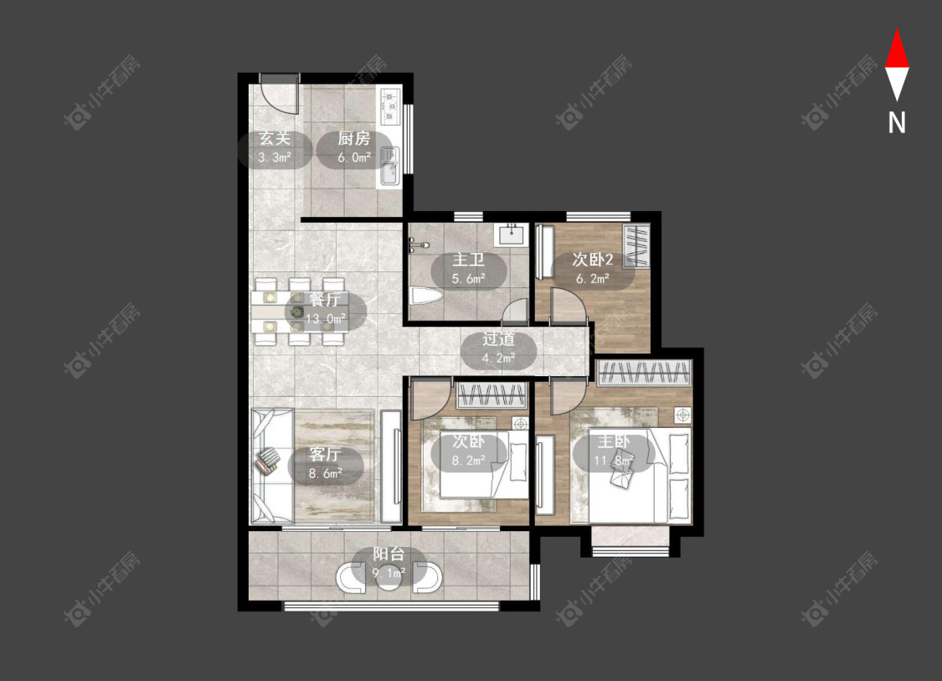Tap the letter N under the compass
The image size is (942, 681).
[x=897, y=122]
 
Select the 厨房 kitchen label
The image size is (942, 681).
[x=353, y=139]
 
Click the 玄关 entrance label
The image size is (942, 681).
[x=275, y=139]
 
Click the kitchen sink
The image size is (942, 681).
[x=389, y=167]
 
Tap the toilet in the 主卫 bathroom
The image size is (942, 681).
[x=426, y=297]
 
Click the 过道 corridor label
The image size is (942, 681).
[x=499, y=339]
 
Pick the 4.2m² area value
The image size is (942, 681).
[x=499, y=359]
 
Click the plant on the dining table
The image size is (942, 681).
[x=297, y=312]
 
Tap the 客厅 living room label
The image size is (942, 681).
[x=325, y=454]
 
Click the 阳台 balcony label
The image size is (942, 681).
[x=389, y=555]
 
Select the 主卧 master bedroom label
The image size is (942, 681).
[x=614, y=441]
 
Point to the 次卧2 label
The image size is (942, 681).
[x=592, y=260]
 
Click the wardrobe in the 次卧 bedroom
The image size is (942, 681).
[x=492, y=395]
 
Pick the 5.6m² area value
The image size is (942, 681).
[x=469, y=279]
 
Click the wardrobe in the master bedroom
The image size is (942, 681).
[x=644, y=373]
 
